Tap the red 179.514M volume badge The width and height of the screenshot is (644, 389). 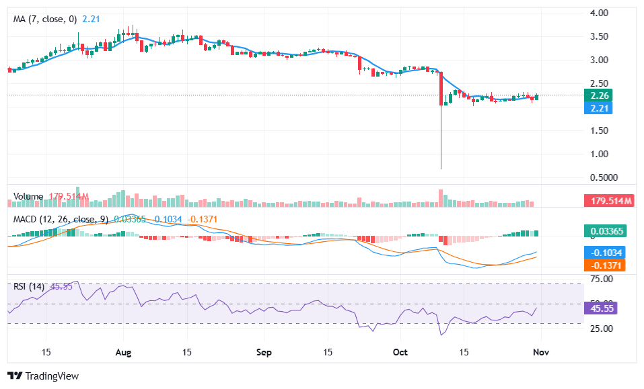coord(608,201)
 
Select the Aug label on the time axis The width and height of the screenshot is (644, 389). coord(123,352)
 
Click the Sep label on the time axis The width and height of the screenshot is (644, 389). coord(264,352)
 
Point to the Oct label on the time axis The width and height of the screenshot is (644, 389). coord(400,352)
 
